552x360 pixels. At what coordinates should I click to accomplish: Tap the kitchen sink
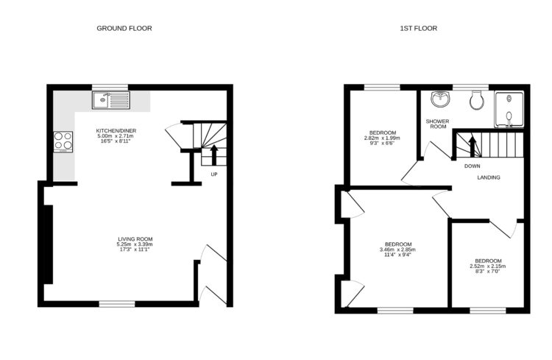click(x=110, y=100)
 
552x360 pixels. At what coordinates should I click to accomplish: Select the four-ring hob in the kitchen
click(x=63, y=141)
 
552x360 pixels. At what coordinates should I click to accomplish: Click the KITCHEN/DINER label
click(x=116, y=131)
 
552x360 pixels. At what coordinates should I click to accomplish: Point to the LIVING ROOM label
click(x=135, y=239)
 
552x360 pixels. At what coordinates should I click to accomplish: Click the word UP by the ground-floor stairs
click(x=214, y=174)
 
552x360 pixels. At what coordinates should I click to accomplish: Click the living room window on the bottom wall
click(x=118, y=303)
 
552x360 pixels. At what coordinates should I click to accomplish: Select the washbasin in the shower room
click(x=441, y=99)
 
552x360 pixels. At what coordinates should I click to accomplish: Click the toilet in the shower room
click(x=477, y=99)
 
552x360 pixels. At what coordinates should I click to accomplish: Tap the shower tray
click(x=509, y=107)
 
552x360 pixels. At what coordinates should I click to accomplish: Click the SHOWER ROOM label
click(x=437, y=124)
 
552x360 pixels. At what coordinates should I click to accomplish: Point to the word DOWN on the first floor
click(x=473, y=166)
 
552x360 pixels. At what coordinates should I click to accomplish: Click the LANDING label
click(x=489, y=177)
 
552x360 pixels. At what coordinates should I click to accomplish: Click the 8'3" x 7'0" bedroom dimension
click(x=488, y=272)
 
